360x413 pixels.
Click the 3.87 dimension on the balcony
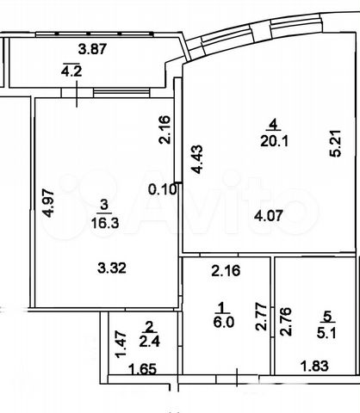pos(92,49)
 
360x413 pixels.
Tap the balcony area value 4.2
pos(71,71)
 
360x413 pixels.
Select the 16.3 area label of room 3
pos(104,222)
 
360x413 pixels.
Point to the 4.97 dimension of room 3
pos(48,203)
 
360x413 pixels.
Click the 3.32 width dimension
pos(112,268)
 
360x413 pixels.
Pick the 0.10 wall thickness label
pos(162,189)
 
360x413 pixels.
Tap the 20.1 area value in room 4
pos(274,141)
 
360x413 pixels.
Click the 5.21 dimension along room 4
pos(335,144)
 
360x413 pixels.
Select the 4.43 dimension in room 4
pos(197,159)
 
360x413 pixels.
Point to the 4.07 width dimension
pos(269,215)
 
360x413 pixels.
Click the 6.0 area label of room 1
pos(224,322)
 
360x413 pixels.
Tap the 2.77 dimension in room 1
pos(261,317)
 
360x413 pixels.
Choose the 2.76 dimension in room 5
pos(286,322)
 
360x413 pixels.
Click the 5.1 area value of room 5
pos(327,333)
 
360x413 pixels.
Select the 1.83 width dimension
pos(314,366)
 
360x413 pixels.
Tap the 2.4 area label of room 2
pos(149,342)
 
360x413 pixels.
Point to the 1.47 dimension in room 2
pos(121,344)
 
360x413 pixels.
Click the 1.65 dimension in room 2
pos(143,369)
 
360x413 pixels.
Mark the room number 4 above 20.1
pos(274,125)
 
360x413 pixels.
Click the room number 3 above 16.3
pos(104,205)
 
